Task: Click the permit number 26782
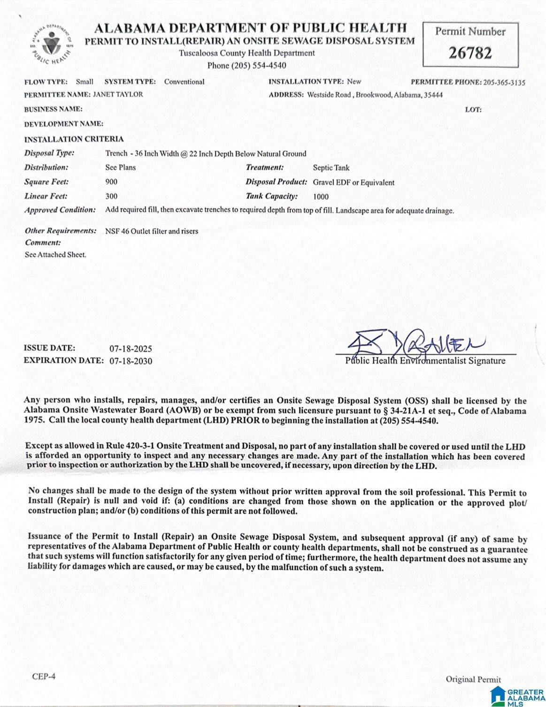point(470,53)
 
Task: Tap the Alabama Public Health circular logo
point(48,45)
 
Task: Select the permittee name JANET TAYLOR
point(118,94)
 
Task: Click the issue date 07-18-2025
point(131,349)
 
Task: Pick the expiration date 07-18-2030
point(131,361)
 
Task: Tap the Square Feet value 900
point(111,182)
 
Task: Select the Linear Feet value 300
point(111,197)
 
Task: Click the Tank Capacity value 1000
point(321,197)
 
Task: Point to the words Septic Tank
point(331,168)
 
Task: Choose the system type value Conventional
point(184,82)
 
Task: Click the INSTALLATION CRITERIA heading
point(74,139)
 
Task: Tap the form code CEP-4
point(44,677)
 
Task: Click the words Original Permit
point(473,679)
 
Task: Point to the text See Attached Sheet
point(55,255)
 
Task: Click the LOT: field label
point(473,110)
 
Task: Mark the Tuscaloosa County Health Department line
point(247,53)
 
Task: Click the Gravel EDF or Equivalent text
point(354,182)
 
